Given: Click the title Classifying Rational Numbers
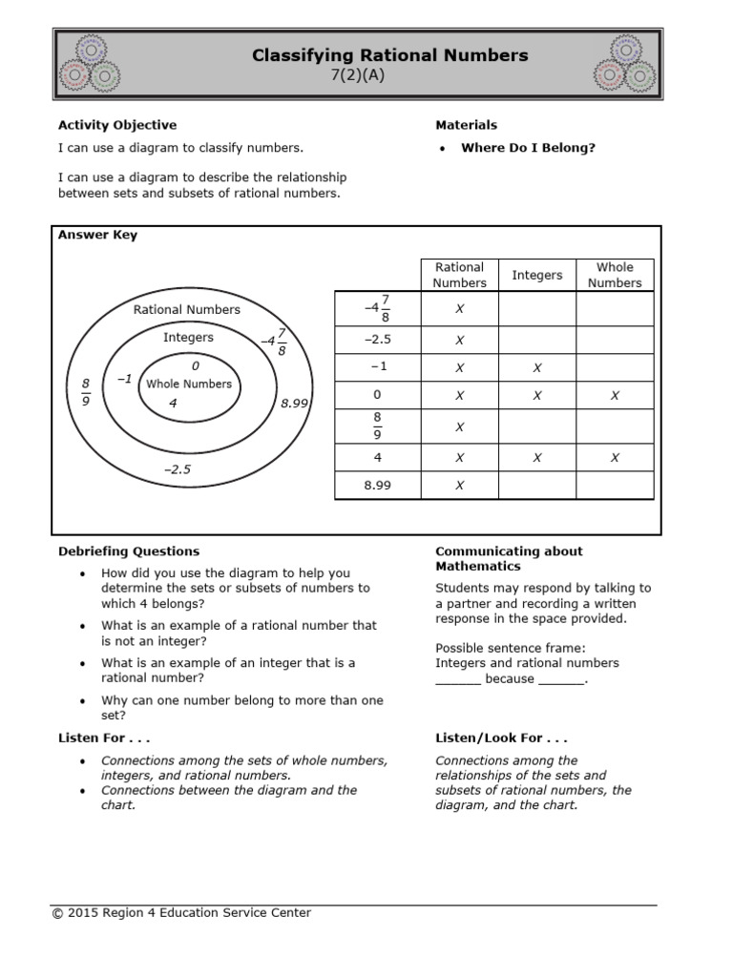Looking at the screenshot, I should [x=389, y=55].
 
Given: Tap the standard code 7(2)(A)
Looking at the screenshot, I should [x=357, y=76].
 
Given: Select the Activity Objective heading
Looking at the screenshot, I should [x=117, y=125].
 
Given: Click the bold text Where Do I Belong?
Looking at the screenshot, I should [x=528, y=148].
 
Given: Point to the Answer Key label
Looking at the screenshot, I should [x=97, y=236].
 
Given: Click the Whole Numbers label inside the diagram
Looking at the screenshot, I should [x=189, y=384].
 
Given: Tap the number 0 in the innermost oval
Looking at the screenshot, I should [x=196, y=365].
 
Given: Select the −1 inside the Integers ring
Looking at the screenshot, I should [x=123, y=379].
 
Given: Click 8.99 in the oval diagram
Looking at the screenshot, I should [x=295, y=404].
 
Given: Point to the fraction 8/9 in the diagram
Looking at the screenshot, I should [x=85, y=392].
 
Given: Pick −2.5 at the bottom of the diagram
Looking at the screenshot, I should [x=178, y=469].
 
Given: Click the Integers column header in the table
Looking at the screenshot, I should [x=537, y=275].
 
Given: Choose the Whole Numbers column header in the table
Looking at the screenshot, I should [x=615, y=275].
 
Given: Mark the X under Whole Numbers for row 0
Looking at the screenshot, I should [x=615, y=395].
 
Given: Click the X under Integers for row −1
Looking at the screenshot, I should [x=537, y=367].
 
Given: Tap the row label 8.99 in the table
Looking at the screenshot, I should [x=377, y=485].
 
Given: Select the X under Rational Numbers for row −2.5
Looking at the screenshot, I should [x=459, y=340].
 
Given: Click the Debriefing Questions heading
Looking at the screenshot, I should [x=129, y=551].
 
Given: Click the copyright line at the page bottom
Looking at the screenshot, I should [x=181, y=913].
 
